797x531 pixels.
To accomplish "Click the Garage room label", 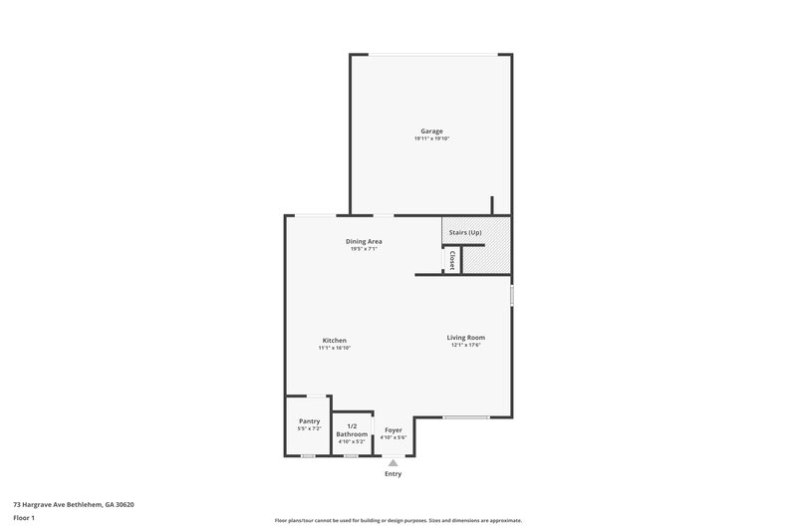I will coord(430,132).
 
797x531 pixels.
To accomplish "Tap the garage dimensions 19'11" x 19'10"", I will coord(430,138).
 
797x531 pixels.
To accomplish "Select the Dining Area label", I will coord(364,241).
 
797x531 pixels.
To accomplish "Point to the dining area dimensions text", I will coord(364,248).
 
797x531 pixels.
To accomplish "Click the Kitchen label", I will coord(334,340).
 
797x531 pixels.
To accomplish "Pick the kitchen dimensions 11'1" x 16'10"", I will coord(334,347).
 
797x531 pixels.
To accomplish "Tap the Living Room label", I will coord(465,338).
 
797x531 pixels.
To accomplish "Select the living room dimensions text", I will coord(465,345).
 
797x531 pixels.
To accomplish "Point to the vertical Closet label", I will coord(451,260).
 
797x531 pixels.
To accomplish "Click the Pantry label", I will coord(309,421).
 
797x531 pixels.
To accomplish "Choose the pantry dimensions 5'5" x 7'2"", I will coord(309,428).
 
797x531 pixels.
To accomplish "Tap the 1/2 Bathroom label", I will coord(352,430).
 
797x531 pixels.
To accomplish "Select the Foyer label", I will coord(394,430).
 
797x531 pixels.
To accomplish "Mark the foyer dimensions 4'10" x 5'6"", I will coord(394,437).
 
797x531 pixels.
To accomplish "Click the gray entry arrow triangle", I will coord(394,462).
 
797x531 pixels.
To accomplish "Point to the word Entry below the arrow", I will coord(394,474).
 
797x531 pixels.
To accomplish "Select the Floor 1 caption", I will coord(25,519).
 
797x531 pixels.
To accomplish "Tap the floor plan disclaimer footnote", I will coord(398,520).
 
